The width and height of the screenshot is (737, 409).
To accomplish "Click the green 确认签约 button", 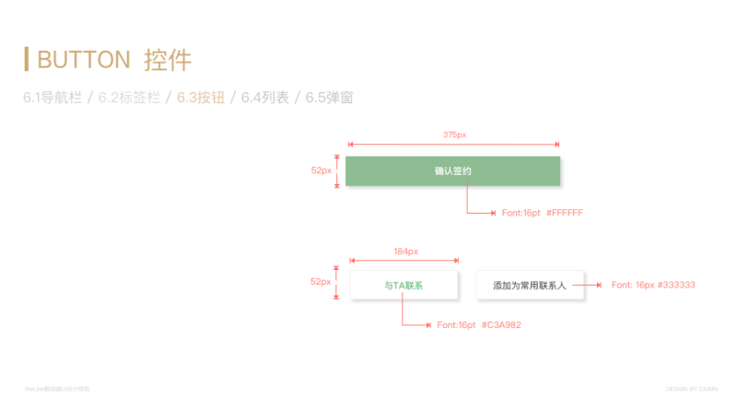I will [x=452, y=171].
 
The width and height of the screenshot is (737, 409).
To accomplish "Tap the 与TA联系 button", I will [x=404, y=286].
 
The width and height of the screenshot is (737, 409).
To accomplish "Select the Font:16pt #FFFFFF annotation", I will [x=542, y=213].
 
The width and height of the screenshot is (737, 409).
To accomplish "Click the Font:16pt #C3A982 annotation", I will [x=479, y=325].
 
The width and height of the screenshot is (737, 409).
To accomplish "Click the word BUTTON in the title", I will [x=84, y=61].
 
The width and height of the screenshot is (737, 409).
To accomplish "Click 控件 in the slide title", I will [x=168, y=61].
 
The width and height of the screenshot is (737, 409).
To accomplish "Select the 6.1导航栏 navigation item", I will [x=53, y=98].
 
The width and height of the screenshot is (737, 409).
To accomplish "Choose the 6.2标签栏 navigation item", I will [x=129, y=98].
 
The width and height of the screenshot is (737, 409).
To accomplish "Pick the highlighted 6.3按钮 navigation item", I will [x=201, y=98].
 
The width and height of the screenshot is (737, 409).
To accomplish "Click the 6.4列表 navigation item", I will [x=265, y=98].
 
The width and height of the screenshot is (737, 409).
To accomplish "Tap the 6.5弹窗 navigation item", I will [x=330, y=98].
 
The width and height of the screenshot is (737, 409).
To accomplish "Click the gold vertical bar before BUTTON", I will [x=27, y=59].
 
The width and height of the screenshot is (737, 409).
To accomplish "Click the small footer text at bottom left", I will [x=57, y=389].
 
